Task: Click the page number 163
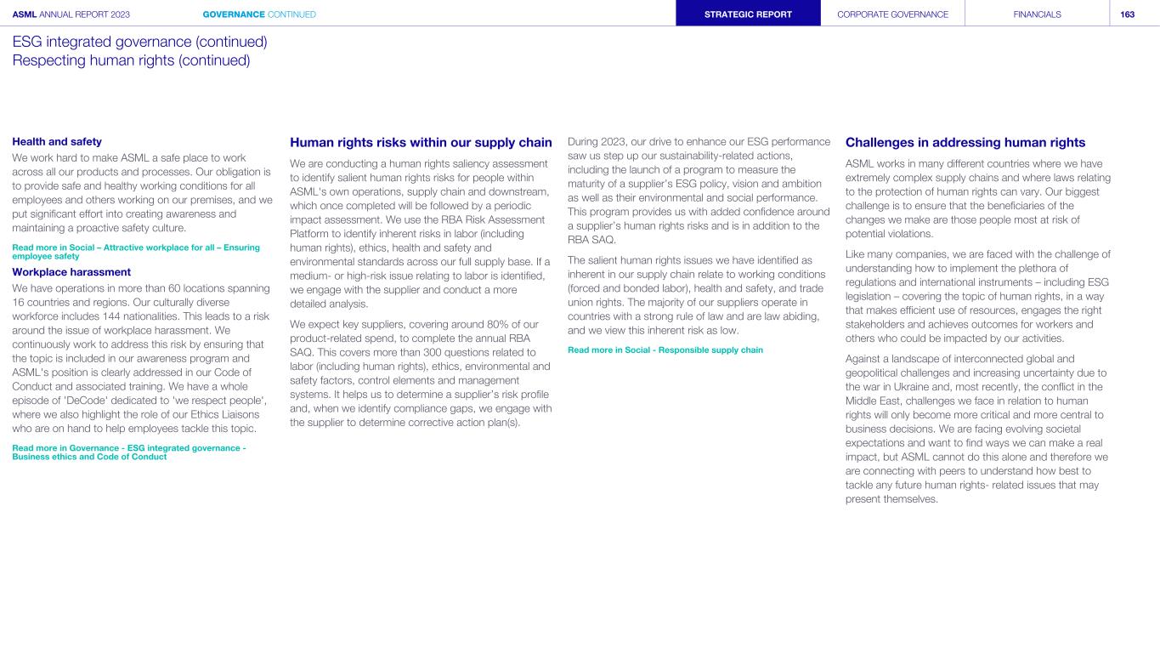(1127, 14)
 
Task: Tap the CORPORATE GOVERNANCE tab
(892, 14)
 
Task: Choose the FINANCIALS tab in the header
(1037, 14)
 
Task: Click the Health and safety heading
(57, 142)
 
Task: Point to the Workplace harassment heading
(71, 272)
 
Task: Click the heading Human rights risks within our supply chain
(421, 143)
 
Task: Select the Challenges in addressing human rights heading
(965, 143)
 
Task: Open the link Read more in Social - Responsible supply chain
(665, 350)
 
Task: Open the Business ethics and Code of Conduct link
(89, 457)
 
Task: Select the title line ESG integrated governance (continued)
(139, 42)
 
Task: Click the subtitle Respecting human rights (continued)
(131, 60)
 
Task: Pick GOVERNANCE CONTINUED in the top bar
(259, 14)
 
